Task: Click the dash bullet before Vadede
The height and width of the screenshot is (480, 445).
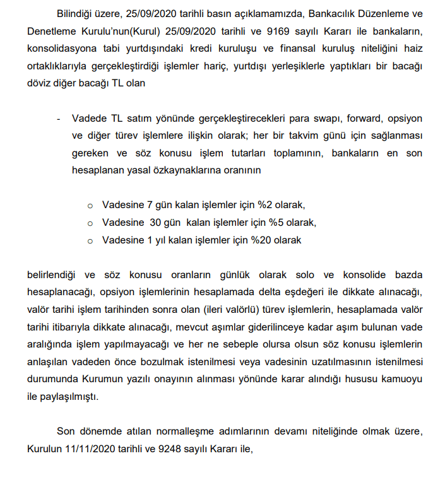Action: pos(58,119)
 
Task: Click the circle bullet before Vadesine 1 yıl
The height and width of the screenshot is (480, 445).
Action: pos(90,240)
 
